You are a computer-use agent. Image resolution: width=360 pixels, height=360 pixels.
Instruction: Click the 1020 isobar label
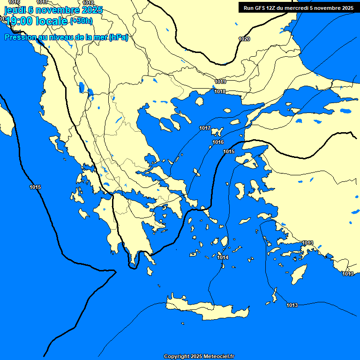pyautogui.click(x=244, y=39)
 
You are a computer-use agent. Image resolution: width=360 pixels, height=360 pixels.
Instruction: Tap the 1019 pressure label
pyautogui.click(x=221, y=82)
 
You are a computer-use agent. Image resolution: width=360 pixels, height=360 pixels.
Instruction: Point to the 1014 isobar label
pyautogui.click(x=223, y=258)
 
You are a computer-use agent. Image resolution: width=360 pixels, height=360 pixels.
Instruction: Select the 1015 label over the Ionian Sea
pyautogui.click(x=35, y=187)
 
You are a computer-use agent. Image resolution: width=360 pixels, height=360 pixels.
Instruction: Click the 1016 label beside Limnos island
pyautogui.click(x=218, y=142)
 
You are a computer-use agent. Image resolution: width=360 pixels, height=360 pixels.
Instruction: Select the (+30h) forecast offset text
pyautogui.click(x=81, y=21)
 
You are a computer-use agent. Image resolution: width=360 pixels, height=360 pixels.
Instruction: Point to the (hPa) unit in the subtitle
pyautogui.click(x=119, y=37)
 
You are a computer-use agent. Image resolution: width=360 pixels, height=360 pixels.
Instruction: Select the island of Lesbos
pyautogui.click(x=247, y=159)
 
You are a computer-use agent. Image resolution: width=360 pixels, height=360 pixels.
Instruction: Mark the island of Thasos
pyautogui.click(x=199, y=101)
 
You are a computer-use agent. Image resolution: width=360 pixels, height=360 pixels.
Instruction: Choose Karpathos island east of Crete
pyautogui.click(x=275, y=295)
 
